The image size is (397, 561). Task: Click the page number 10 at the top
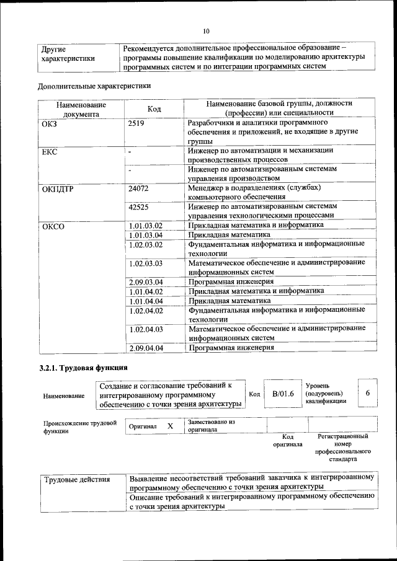[x=207, y=32]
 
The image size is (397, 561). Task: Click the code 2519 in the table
[x=136, y=123]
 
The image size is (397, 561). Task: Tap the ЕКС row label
[x=49, y=152]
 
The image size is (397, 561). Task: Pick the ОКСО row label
[x=53, y=226]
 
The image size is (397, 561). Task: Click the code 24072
[x=138, y=188]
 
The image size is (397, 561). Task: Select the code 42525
[x=138, y=207]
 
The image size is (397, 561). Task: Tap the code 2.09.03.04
[x=146, y=282]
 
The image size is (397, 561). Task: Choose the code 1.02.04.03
[x=146, y=329]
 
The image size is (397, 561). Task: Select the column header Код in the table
[x=154, y=109]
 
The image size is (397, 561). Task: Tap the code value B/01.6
[x=283, y=394]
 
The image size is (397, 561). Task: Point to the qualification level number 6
[x=368, y=394]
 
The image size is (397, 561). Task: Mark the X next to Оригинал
[x=170, y=426]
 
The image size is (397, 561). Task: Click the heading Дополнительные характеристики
[x=94, y=86]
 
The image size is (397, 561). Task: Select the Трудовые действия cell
[x=77, y=479]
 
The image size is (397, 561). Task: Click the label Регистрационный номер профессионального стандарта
[x=342, y=448]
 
